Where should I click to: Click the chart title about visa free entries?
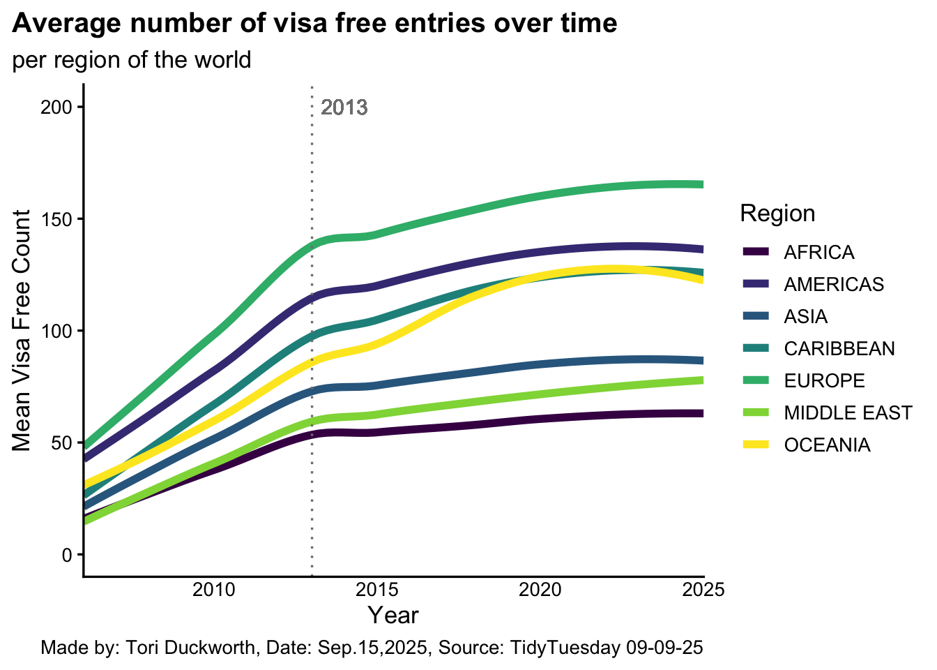coord(314,24)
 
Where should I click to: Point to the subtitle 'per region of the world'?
coord(132,60)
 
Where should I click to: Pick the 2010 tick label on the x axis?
coord(213,590)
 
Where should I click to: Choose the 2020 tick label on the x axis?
coord(540,590)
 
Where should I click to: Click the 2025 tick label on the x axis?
coord(703,590)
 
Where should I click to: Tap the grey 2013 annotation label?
coord(344,108)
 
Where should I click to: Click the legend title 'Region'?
coord(777,213)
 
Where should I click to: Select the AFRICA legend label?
coord(818,252)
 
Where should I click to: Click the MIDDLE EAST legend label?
coord(848,412)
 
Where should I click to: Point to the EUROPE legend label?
coord(824,380)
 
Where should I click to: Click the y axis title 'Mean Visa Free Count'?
coord(22,331)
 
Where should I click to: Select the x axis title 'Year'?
coord(393,616)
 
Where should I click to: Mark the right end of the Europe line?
coord(702,184)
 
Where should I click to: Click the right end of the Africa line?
coord(702,414)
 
